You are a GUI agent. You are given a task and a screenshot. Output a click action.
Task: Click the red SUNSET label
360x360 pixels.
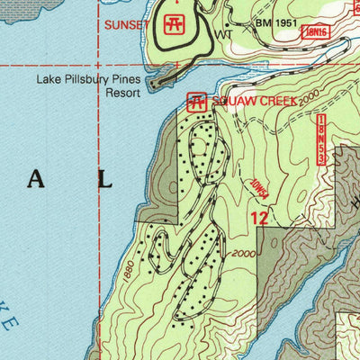(125, 24)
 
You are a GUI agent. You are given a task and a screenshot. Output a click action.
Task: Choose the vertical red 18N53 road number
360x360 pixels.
(321, 139)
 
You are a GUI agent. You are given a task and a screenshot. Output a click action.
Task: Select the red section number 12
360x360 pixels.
(259, 217)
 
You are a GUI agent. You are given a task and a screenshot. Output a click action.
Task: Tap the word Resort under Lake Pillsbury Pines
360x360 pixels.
(125, 91)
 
